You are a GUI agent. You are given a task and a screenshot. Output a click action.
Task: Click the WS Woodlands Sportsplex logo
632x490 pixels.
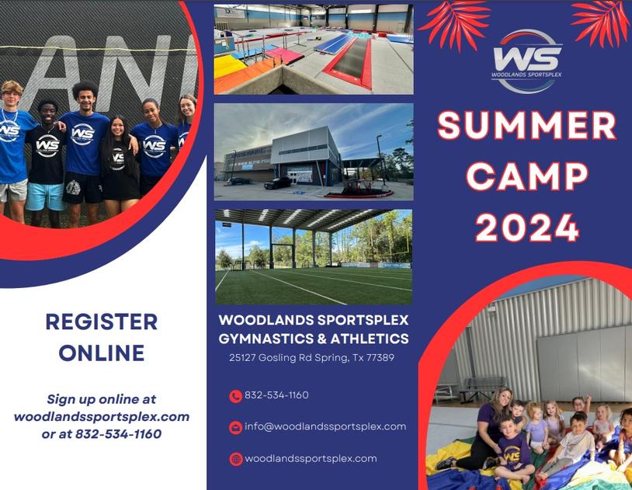click(x=526, y=60)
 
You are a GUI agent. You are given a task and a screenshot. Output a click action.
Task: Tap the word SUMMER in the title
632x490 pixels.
click(x=526, y=126)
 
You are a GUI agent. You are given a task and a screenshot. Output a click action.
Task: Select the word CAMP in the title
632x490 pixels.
click(x=526, y=176)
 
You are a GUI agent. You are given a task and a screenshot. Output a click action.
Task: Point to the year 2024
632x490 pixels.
click(x=526, y=227)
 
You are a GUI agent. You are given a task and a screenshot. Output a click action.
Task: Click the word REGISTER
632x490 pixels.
click(x=102, y=321)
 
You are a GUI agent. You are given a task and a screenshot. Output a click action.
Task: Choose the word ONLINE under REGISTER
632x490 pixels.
click(x=102, y=353)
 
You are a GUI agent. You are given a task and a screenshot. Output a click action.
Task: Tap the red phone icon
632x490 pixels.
click(x=235, y=396)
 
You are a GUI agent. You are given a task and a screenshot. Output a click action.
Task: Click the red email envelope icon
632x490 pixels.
click(x=235, y=427)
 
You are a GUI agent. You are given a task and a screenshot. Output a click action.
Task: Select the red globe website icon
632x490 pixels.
click(x=235, y=459)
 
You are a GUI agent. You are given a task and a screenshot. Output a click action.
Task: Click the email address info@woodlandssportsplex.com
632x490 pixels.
click(x=325, y=426)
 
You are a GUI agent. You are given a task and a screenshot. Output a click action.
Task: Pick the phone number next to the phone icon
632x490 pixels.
click(x=276, y=395)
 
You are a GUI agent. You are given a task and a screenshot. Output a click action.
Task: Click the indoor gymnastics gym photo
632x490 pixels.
click(x=314, y=49)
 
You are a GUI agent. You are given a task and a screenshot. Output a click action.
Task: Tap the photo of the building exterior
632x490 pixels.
click(x=314, y=151)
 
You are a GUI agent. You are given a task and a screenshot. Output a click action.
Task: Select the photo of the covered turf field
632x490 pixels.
click(x=314, y=256)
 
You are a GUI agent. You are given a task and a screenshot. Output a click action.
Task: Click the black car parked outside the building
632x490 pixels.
click(x=277, y=183)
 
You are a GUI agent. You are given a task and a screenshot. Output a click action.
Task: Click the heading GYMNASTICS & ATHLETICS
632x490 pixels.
click(x=314, y=339)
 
